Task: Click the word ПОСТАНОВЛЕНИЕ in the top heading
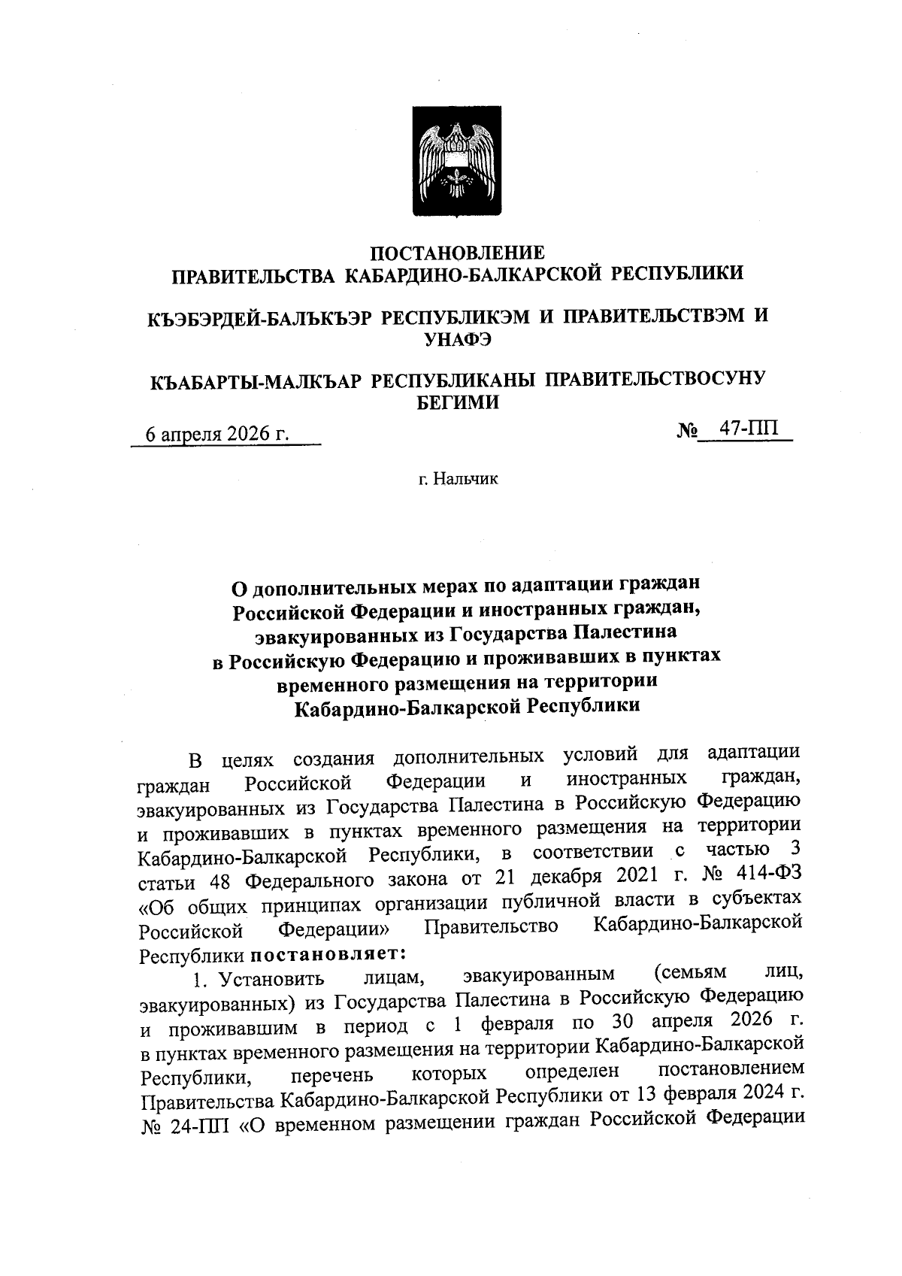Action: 459,253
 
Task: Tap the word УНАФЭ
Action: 458,339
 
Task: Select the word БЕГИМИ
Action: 458,402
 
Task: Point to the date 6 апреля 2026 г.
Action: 218,435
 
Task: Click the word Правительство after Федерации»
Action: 491,926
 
